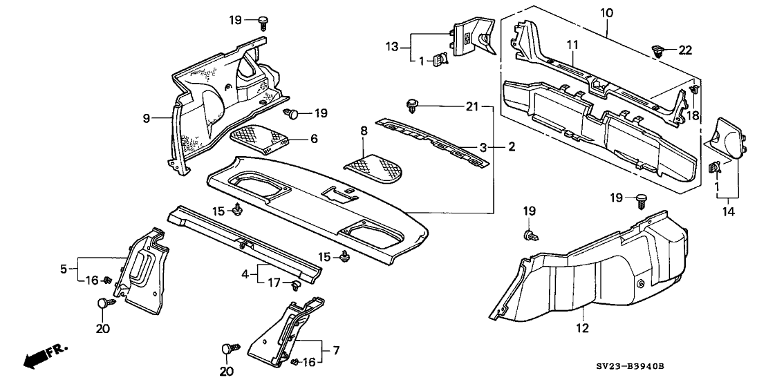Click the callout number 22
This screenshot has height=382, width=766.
click(684, 50)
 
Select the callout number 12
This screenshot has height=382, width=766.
click(582, 327)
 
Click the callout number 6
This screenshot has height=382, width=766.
click(313, 139)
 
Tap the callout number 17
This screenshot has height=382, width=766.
click(274, 283)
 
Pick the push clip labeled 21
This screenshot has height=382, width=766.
click(413, 105)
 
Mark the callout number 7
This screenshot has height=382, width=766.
click(337, 351)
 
